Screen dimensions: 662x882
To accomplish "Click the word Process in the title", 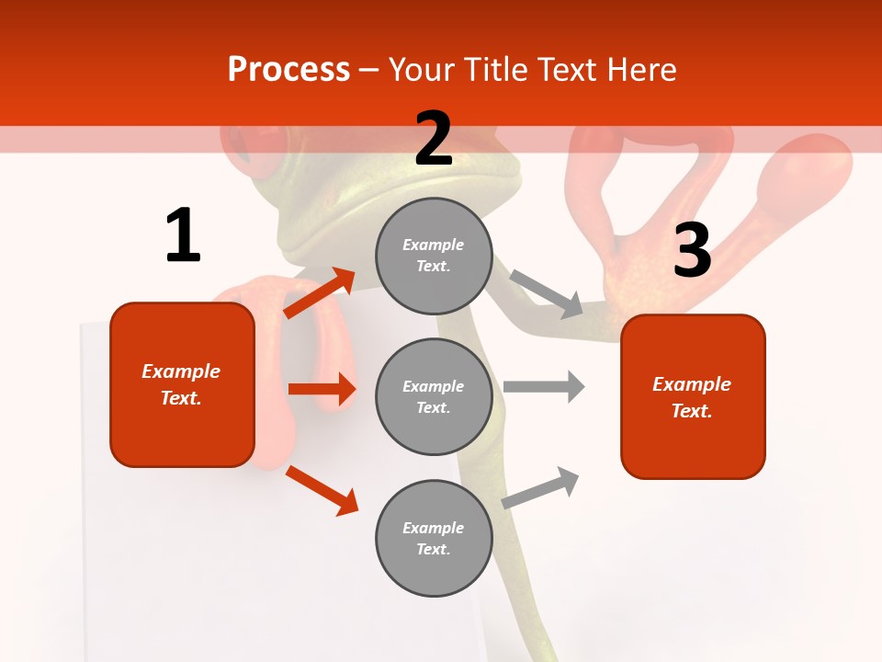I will (x=288, y=69).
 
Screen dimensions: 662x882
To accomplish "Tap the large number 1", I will (x=183, y=235).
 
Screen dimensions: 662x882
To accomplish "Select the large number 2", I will (x=434, y=139).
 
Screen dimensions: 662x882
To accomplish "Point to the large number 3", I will (x=692, y=250).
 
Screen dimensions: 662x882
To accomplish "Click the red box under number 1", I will (x=182, y=384).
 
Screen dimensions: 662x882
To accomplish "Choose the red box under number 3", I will (x=693, y=396).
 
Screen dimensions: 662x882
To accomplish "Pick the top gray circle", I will (x=434, y=256).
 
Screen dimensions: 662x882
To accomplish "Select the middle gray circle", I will (x=434, y=396).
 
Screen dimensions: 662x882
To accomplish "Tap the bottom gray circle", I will (x=434, y=538).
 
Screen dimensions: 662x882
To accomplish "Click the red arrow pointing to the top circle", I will (x=320, y=292).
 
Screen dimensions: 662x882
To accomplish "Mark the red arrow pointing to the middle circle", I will (x=322, y=389).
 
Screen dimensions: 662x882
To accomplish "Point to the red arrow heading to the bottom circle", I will (x=322, y=489).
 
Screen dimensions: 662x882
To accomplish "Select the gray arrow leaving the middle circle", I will (x=544, y=386).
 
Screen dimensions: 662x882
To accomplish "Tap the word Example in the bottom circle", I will (x=434, y=528).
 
